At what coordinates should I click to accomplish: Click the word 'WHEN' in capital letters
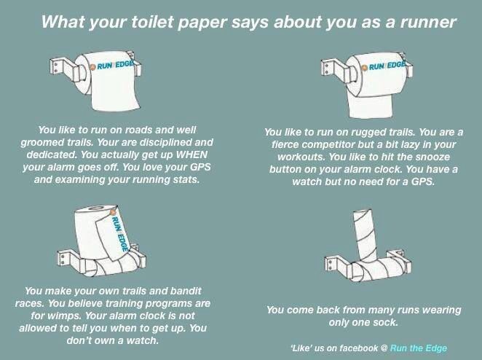pos(191,154)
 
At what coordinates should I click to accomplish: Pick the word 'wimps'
pos(64,316)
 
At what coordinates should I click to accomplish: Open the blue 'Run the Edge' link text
pos(419,348)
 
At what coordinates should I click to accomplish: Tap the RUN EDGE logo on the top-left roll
pos(113,66)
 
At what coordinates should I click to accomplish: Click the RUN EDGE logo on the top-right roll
pos(384,66)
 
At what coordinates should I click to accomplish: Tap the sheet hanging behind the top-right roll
pos(371,106)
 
